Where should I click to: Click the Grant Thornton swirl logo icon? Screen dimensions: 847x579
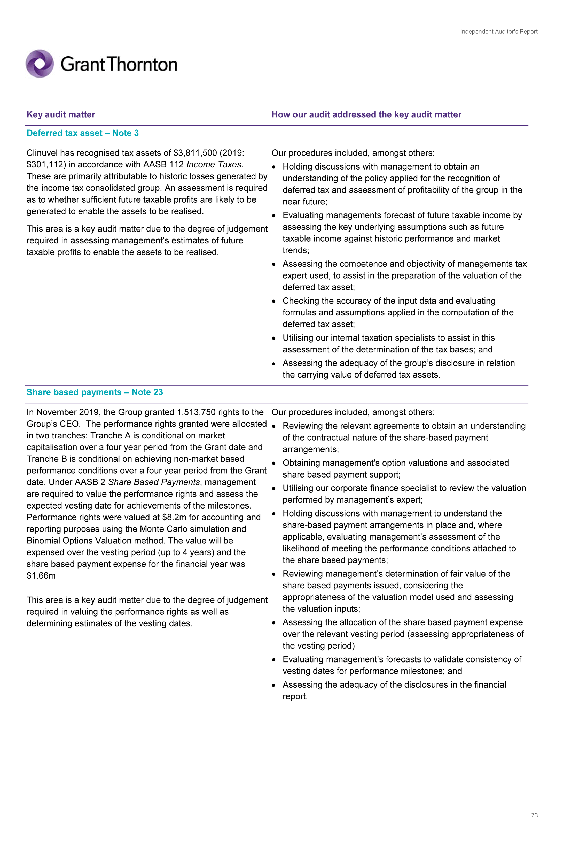(x=39, y=64)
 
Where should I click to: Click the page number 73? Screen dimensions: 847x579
(x=534, y=815)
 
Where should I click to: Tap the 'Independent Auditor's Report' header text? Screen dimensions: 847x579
(x=498, y=32)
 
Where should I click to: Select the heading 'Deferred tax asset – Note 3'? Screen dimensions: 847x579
(x=83, y=133)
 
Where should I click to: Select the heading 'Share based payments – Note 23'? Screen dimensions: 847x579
(x=95, y=392)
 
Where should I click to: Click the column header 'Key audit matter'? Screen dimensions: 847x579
(x=61, y=114)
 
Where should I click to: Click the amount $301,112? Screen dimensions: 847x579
(x=46, y=165)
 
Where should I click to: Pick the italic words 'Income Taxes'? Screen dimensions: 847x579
(x=214, y=165)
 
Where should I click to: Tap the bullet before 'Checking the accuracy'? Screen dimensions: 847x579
(x=274, y=301)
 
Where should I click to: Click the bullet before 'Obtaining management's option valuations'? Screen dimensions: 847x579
(x=274, y=464)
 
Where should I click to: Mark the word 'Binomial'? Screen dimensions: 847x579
(x=43, y=541)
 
